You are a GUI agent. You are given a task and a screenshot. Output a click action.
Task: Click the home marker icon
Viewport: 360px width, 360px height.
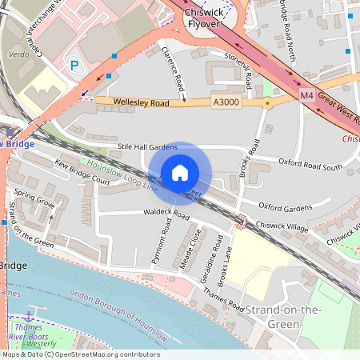pos(180,173)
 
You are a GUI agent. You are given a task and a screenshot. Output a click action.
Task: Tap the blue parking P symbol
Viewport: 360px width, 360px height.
pos(77,65)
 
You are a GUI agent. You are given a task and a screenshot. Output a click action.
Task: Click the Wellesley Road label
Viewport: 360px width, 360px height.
pos(141,102)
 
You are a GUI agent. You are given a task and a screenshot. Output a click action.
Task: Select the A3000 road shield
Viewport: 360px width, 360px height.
pos(226,102)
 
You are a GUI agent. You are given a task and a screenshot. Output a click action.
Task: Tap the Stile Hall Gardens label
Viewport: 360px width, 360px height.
pos(147,147)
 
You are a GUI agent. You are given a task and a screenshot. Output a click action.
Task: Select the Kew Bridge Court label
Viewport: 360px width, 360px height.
pos(82,170)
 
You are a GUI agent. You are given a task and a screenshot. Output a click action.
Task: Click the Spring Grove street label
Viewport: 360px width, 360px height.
pos(34,200)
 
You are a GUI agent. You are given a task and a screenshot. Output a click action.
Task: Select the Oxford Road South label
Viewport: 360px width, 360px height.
pos(310,166)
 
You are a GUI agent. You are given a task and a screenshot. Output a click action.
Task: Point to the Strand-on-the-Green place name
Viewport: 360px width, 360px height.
pos(272,316)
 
